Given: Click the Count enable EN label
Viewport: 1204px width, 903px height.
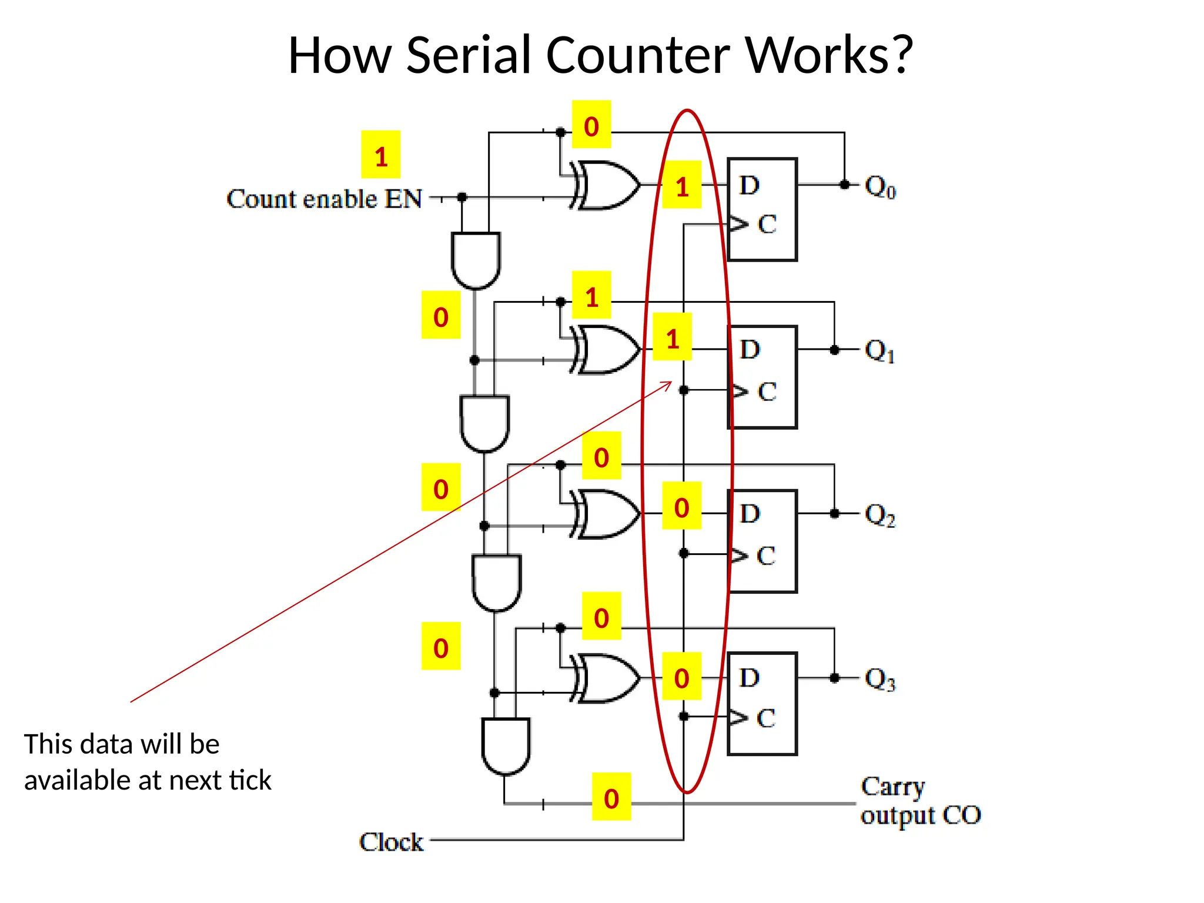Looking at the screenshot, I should [324, 199].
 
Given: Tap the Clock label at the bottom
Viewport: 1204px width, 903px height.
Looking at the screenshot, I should [391, 842].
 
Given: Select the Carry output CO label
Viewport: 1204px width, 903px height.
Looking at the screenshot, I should [920, 801].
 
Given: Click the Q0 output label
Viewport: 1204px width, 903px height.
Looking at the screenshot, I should [879, 187].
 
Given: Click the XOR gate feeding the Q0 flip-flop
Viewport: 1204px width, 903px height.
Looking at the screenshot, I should [606, 185].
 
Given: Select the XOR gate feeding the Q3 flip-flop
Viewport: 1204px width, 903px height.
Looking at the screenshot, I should [606, 678].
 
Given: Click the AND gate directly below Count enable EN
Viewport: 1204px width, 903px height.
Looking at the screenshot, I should [476, 259].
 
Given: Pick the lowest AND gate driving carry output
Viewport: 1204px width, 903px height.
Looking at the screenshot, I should [506, 745].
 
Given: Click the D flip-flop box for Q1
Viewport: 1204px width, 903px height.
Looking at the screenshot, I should [762, 377].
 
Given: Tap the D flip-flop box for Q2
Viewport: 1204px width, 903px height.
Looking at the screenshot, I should [762, 541].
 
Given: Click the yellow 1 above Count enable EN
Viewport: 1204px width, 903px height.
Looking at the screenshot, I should [381, 155].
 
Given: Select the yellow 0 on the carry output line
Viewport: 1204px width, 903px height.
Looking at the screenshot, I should [611, 797].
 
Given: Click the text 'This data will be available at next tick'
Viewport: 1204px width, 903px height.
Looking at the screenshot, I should [147, 762].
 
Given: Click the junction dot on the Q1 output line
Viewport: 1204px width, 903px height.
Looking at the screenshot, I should [834, 350].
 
